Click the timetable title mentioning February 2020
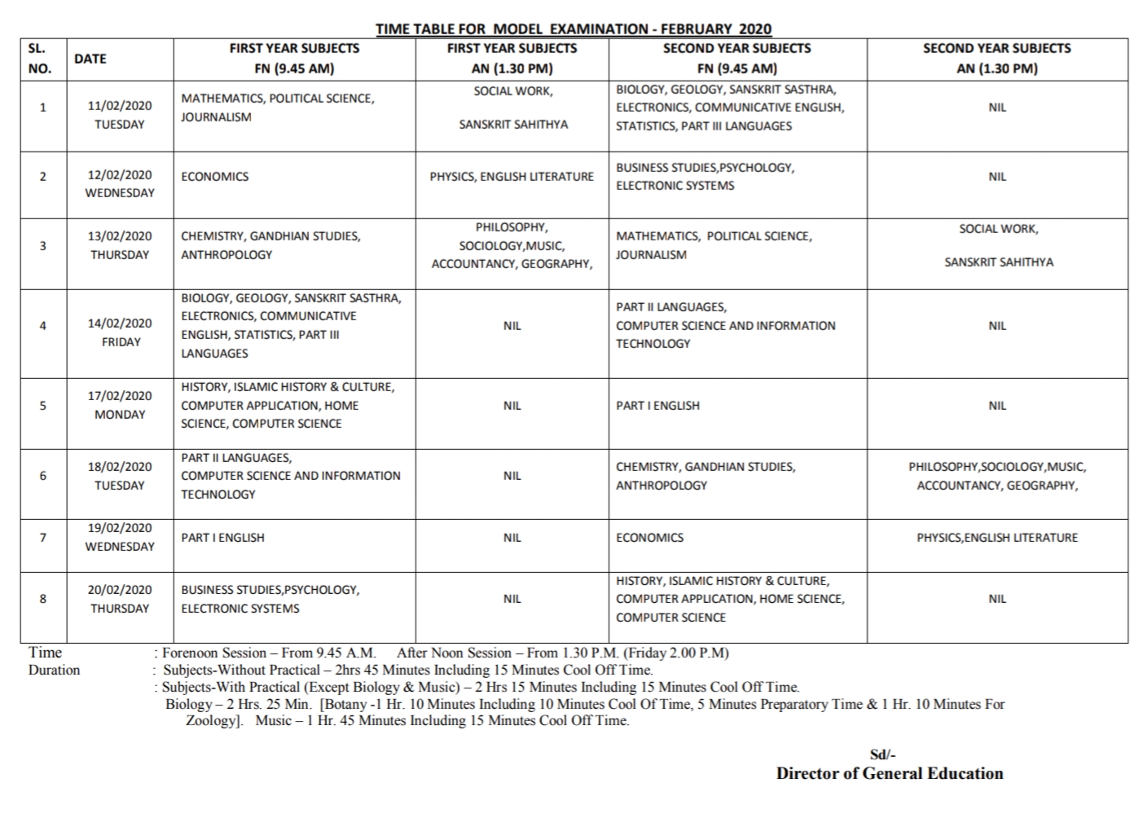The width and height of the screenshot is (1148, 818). [573, 29]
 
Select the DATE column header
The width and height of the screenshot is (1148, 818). [90, 59]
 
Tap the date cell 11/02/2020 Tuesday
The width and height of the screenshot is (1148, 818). [120, 115]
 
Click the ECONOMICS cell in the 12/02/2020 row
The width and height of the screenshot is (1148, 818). [215, 177]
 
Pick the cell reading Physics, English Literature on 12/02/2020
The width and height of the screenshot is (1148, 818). [512, 177]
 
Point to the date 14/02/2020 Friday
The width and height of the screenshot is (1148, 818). [120, 332]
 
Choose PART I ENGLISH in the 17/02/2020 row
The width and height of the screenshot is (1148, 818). [658, 406]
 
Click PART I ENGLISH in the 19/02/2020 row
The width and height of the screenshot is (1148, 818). [222, 538]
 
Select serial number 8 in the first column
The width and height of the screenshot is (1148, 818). [43, 599]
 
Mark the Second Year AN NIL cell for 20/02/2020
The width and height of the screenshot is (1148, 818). [997, 599]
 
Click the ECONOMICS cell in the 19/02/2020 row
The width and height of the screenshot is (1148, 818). [649, 538]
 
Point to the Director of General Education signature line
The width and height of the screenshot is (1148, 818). [890, 774]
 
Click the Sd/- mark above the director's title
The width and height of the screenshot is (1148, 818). [883, 755]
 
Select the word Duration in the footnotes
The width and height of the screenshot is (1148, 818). [55, 671]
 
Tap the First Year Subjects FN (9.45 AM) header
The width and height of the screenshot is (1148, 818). [294, 59]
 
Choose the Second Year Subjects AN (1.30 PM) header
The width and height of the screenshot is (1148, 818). [997, 59]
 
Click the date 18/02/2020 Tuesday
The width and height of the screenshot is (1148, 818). [120, 476]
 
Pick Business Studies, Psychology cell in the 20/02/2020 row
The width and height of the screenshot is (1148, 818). [270, 599]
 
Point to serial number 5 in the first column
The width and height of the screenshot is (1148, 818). [43, 406]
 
